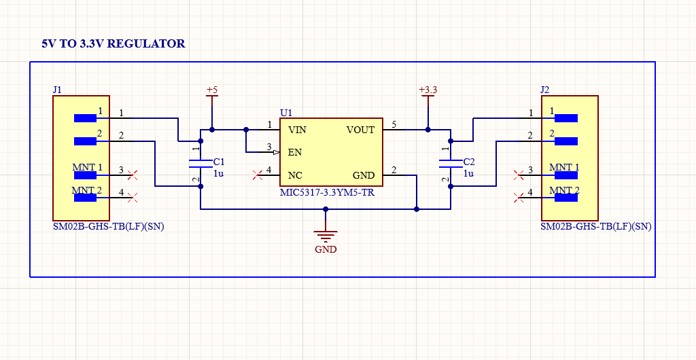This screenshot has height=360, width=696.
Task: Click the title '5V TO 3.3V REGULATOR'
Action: pos(113,43)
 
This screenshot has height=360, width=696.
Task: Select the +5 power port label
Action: pos(212,90)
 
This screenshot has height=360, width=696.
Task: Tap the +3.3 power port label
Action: pos(428,90)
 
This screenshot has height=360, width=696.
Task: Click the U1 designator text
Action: pos(286,113)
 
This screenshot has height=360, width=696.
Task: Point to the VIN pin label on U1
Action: pos(297,130)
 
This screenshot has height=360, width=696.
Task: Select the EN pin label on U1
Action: pos(295,152)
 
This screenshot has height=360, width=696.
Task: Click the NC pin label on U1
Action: pos(295,175)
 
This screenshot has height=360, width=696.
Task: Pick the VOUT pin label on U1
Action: pos(360,130)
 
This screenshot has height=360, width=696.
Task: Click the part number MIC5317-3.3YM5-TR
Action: pos(327,192)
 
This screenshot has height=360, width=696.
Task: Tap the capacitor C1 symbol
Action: pos(200,163)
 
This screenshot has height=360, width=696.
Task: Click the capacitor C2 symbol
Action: pos(449,163)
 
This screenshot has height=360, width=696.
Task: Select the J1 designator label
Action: pos(57,90)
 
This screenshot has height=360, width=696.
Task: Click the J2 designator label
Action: pos(544,90)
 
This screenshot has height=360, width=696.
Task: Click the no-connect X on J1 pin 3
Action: pos(133,175)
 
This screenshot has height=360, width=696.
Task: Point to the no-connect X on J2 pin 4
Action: pos(519,198)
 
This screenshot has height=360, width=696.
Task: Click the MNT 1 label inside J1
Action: pos(88,167)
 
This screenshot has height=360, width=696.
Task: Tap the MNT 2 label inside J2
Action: pos(564,190)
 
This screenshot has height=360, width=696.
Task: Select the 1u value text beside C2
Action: pos(468,173)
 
